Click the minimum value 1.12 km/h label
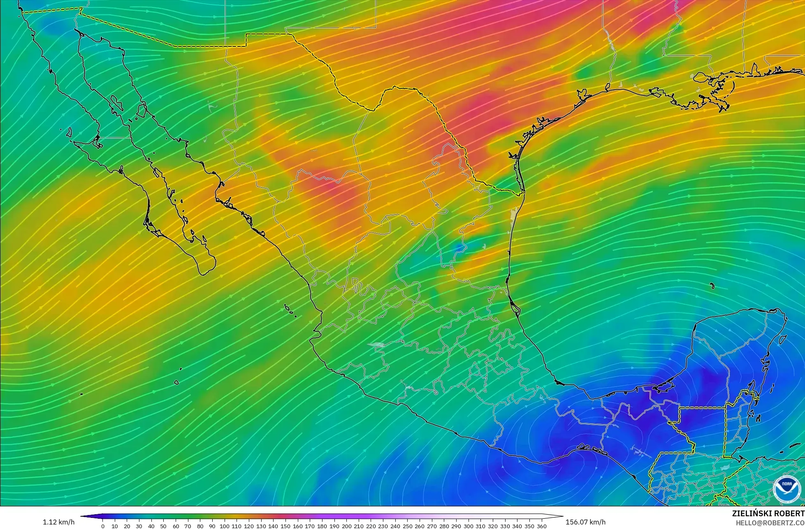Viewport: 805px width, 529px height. click(58, 522)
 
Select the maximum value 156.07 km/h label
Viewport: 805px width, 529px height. click(585, 522)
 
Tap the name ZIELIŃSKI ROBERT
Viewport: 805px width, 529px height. click(768, 513)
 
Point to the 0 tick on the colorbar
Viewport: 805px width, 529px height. click(103, 526)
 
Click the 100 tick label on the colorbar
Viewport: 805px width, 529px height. click(224, 526)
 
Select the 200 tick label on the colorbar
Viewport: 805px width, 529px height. click(346, 526)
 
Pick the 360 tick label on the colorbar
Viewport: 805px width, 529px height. click(541, 526)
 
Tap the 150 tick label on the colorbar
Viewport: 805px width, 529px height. click(285, 526)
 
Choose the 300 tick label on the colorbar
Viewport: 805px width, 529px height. click(468, 526)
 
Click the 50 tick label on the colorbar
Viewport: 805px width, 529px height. click(163, 526)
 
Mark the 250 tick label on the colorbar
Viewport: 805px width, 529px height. click(407, 526)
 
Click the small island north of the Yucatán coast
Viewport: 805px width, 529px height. click(712, 286)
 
